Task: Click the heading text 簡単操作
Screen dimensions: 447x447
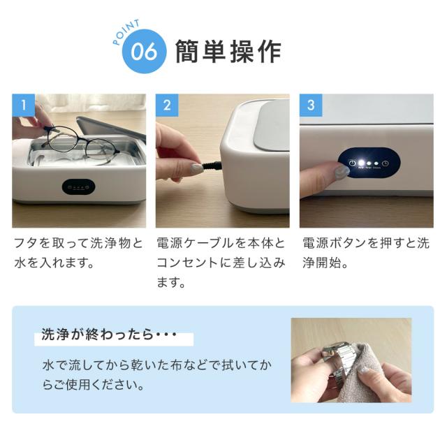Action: point(229,52)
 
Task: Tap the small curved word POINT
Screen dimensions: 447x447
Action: point(126,31)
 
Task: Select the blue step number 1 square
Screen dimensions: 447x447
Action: point(24,105)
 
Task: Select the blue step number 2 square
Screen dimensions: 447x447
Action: point(167,105)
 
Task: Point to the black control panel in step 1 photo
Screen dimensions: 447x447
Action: point(78,186)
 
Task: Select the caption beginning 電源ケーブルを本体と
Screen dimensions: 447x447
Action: point(222,263)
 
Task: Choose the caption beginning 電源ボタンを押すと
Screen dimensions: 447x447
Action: point(367,254)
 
